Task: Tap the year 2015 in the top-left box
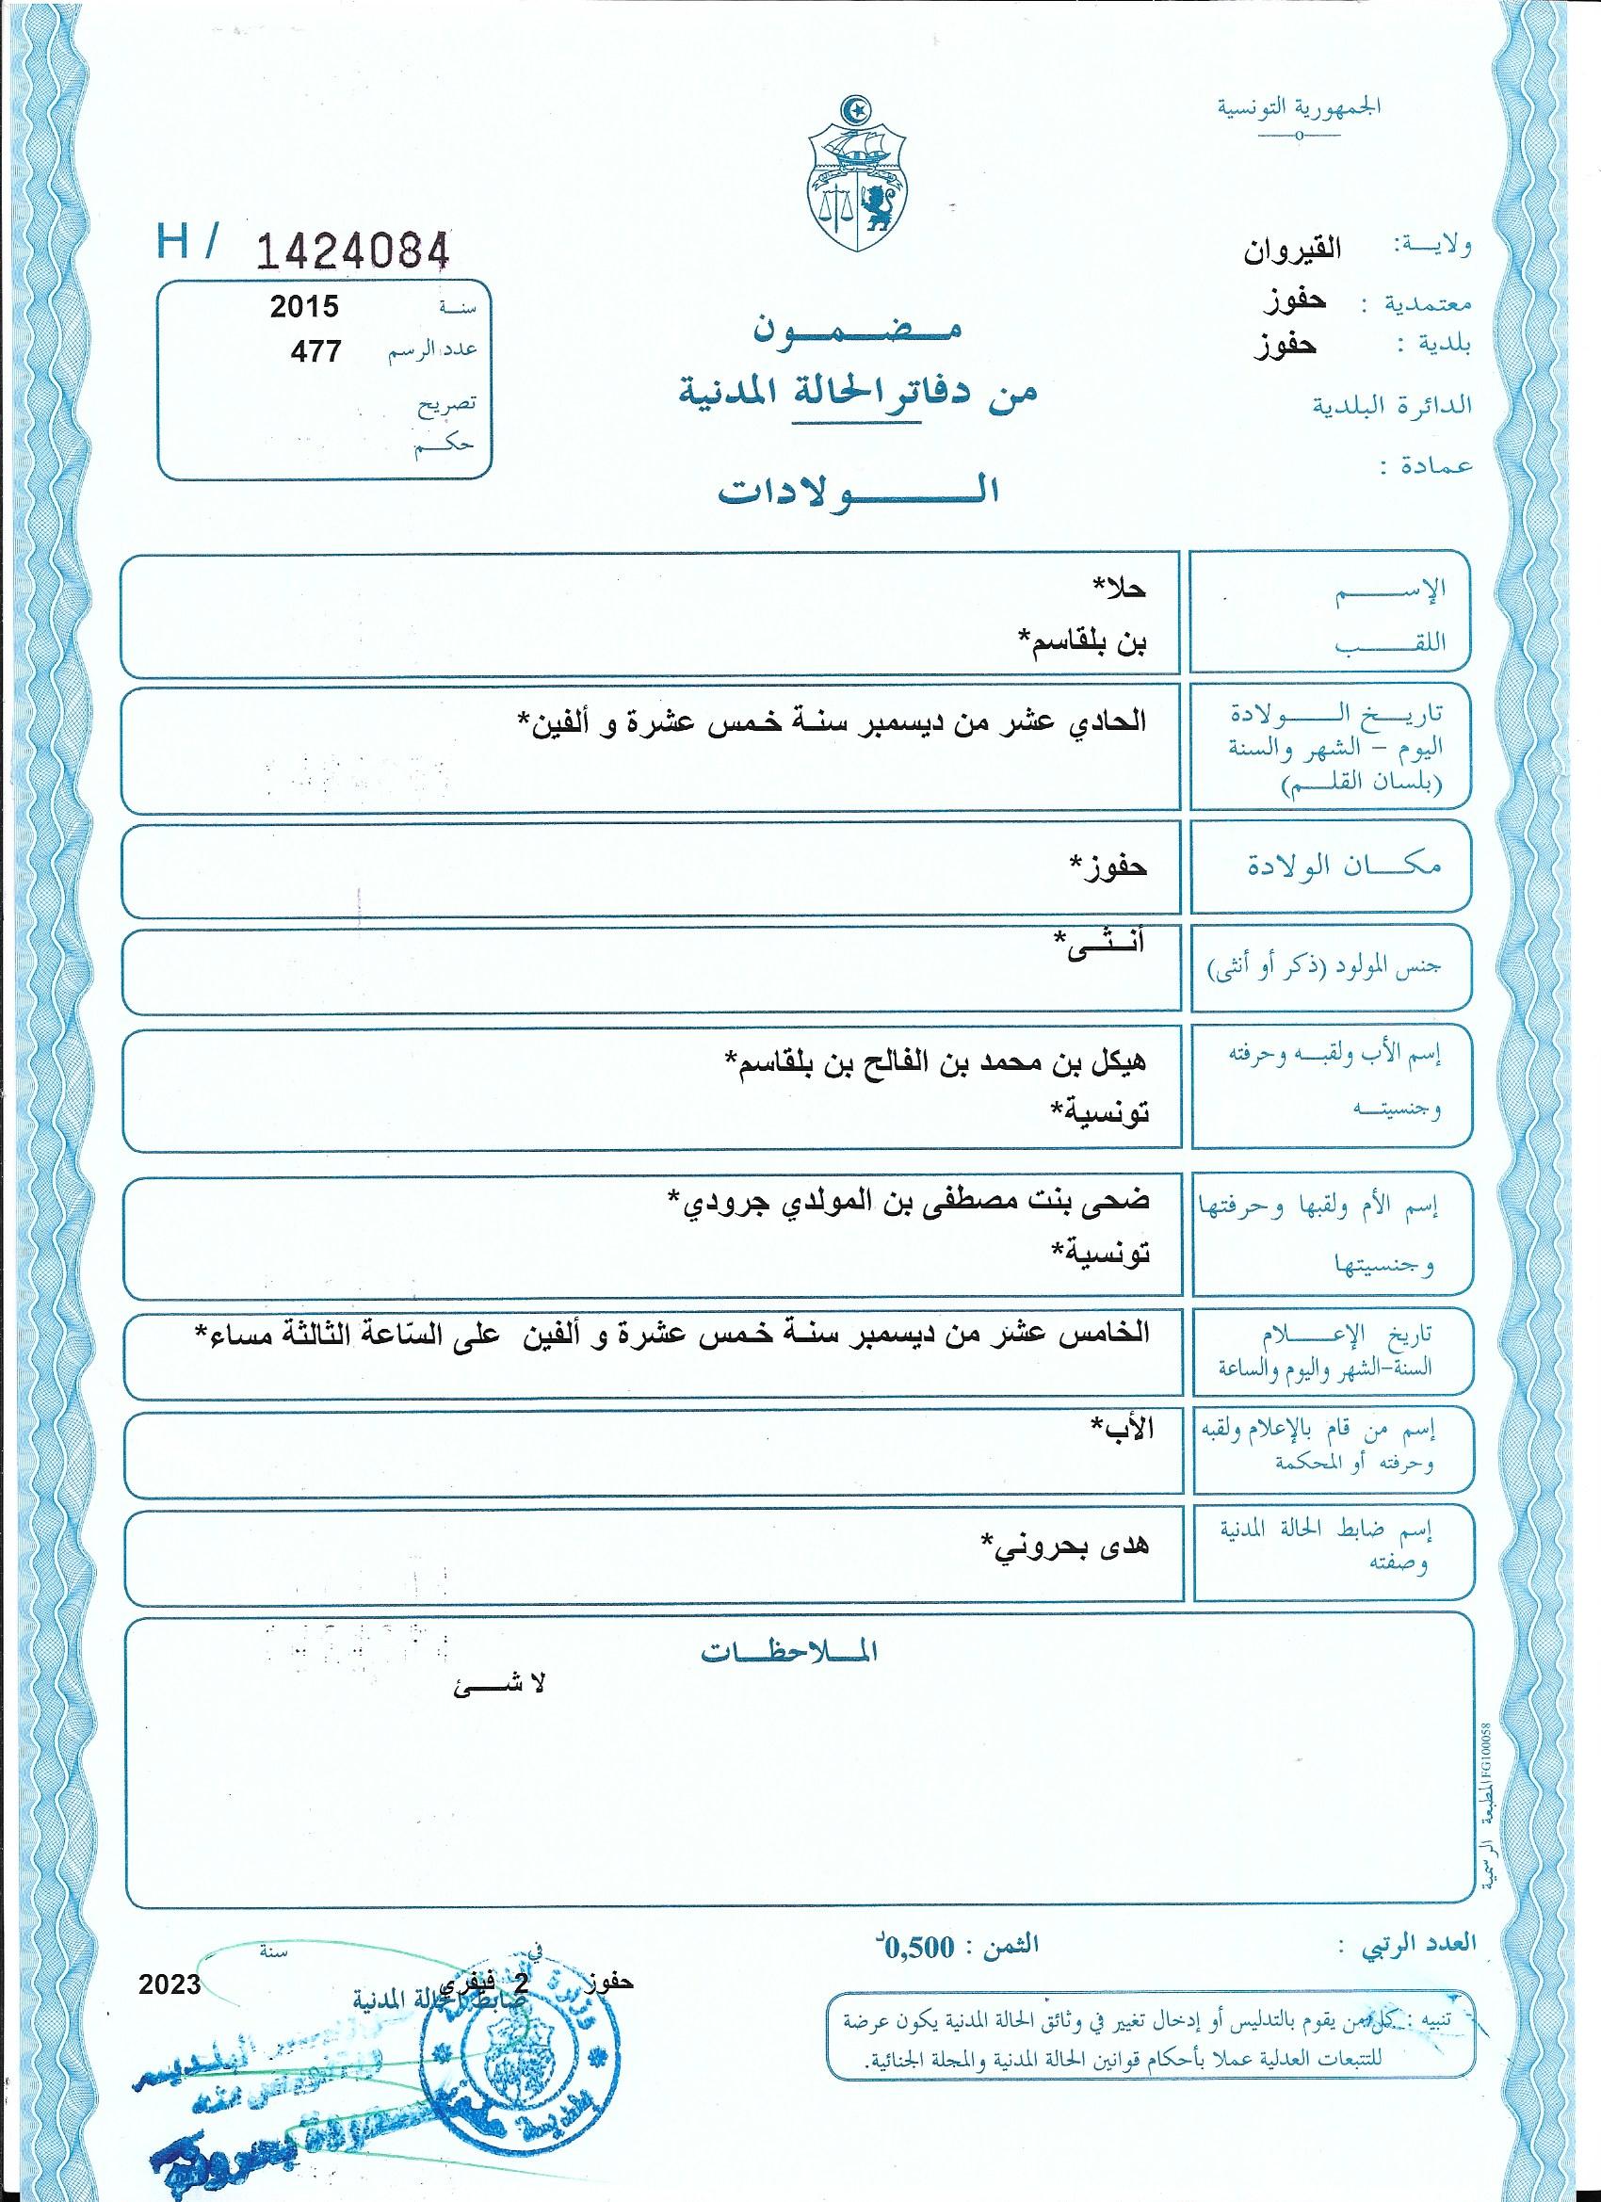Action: (304, 307)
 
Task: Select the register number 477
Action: (315, 350)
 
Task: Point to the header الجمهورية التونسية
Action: (1299, 105)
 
